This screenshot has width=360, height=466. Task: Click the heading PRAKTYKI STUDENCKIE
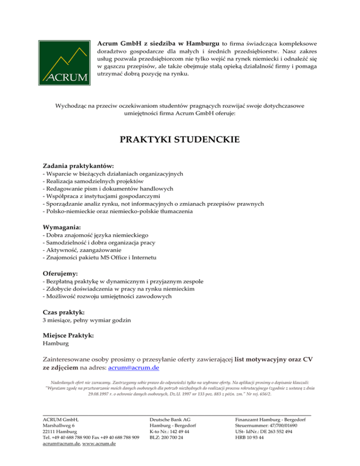pyautogui.click(x=180, y=140)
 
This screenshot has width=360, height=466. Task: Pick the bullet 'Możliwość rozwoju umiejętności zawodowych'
pyautogui.click(x=106, y=296)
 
